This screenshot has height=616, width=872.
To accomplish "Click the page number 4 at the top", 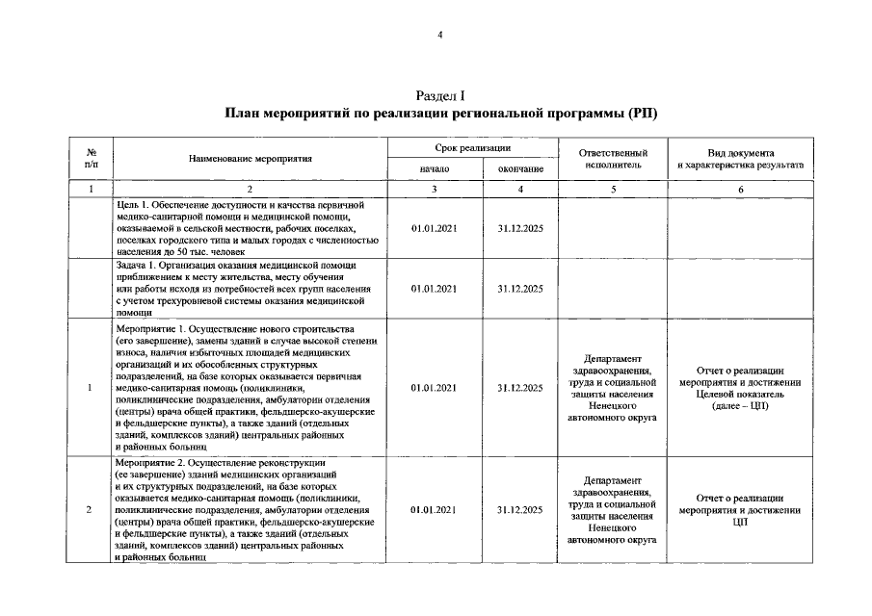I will [439, 35].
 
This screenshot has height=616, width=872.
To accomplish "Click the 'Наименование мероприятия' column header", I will [250, 158].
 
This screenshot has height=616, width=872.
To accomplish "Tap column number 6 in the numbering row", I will [740, 189].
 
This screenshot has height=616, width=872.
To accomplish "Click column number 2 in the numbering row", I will [250, 189].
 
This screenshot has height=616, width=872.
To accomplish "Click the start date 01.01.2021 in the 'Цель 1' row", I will [434, 229].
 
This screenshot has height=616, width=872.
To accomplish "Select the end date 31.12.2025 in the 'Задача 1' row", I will [519, 288].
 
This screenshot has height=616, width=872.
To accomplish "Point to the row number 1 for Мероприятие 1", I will [90, 388].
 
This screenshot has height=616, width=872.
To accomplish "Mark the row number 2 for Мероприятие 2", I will [90, 509].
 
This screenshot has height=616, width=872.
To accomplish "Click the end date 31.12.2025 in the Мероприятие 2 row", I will [519, 509].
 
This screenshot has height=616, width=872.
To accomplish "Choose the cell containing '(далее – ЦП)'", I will [740, 388].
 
